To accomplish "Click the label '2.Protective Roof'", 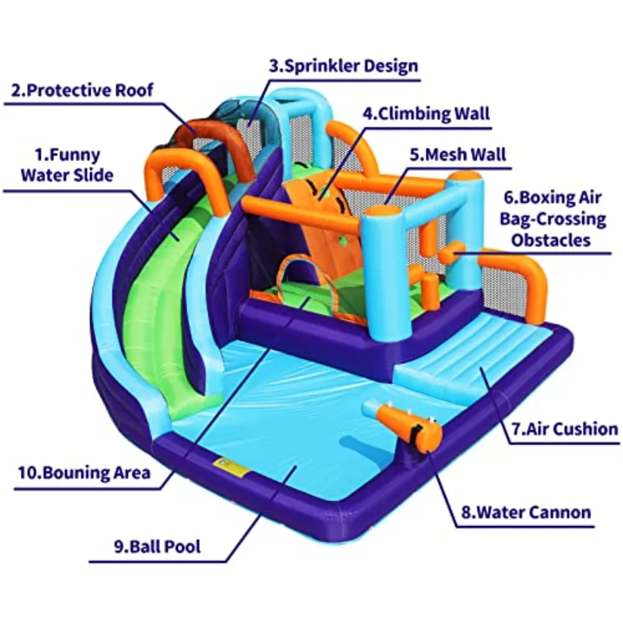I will click(x=82, y=90).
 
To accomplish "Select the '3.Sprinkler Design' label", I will click(x=343, y=66).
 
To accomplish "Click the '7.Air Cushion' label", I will click(x=564, y=428).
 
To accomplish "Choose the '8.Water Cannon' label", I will click(x=526, y=512).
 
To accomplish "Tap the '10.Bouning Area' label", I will click(x=84, y=473).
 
